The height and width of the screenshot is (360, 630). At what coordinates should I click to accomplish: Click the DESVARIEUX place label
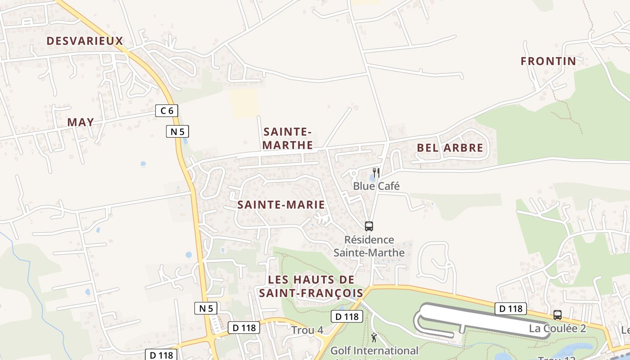pos(85,41)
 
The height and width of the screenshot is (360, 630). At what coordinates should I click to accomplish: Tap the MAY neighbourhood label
pos(81,122)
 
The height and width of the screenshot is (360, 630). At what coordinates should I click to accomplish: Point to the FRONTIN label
pos(548,61)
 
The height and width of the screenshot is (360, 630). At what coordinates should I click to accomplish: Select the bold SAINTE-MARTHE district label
pos(288,138)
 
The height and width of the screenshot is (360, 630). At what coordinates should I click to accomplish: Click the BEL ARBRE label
pos(450,148)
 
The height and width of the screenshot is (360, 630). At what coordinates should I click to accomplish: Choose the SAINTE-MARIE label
pos(281,205)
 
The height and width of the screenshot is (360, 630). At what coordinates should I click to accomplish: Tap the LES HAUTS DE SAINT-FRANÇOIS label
pos(311,286)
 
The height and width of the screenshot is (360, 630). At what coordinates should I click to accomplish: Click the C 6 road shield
pos(166,110)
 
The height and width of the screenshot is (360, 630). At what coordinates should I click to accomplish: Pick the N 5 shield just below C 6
pos(177,131)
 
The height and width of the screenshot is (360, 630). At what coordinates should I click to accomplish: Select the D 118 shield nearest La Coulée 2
pos(511,308)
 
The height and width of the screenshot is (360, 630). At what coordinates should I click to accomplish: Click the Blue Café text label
pos(376,186)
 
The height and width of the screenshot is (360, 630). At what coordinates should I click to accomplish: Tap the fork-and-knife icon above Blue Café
pos(376,172)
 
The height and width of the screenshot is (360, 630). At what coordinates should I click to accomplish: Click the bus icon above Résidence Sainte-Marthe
pos(369,226)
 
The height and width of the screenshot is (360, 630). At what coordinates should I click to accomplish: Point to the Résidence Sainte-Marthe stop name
pos(369,246)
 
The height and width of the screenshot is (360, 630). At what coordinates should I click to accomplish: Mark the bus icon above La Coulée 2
pos(558,315)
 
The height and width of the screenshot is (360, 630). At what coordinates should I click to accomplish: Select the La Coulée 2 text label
pos(557,328)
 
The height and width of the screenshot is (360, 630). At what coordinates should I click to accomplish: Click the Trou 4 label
pos(307,330)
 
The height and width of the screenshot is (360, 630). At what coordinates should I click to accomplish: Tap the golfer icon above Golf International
pos(374,337)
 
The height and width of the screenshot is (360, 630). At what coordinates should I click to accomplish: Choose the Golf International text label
pos(374,351)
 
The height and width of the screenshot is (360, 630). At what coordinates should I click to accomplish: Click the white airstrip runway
pos(477,318)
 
